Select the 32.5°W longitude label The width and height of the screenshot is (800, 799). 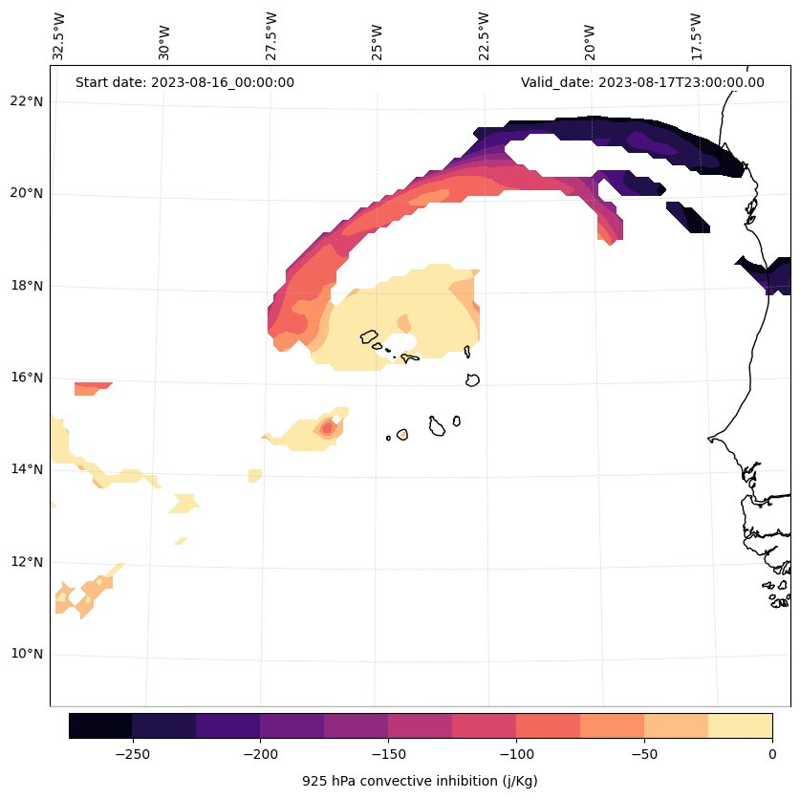click(x=59, y=37)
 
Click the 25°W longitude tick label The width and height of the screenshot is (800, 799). click(x=378, y=37)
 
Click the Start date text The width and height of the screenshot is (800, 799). click(x=184, y=82)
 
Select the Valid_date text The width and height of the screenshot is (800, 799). click(x=642, y=82)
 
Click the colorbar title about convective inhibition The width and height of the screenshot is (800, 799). click(x=420, y=781)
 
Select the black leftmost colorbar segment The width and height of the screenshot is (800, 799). click(x=100, y=725)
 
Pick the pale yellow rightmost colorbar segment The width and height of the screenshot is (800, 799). click(x=740, y=725)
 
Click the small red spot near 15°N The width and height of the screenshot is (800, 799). click(x=328, y=428)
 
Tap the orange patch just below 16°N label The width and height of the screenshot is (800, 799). click(x=92, y=388)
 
